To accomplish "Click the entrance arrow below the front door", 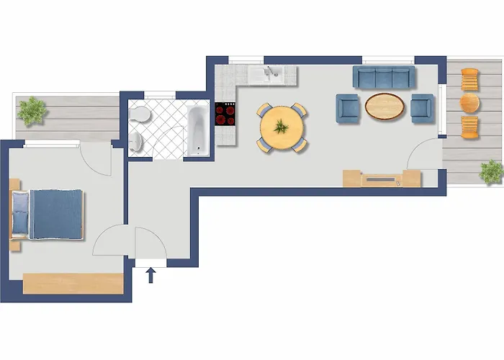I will [x=151, y=274].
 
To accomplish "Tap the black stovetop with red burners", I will [x=226, y=114].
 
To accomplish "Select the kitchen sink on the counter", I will [x=272, y=72].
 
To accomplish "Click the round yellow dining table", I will [x=282, y=128].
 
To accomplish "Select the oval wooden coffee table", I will [x=384, y=106].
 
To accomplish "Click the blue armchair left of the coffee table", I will [x=348, y=108].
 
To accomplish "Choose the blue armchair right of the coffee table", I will [x=421, y=107].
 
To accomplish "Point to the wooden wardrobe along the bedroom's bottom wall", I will [x=73, y=283].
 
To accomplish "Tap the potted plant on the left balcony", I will [x=32, y=111].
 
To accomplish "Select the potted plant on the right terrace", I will [x=492, y=171].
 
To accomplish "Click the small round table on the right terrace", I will [x=469, y=102].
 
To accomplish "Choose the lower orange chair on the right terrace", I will [x=469, y=127].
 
